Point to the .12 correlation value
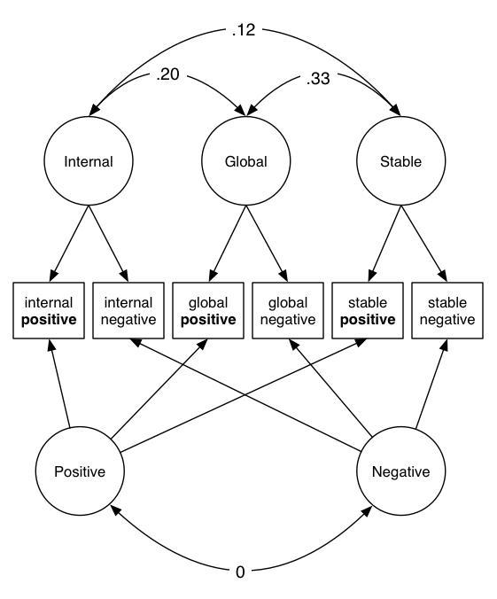point(244,30)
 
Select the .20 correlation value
point(167,74)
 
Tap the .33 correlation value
point(318,79)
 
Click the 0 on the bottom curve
point(240,572)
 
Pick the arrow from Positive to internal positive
point(59,383)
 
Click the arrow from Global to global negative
point(267,244)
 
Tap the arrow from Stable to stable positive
point(385,244)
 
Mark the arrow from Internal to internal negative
point(108,244)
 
